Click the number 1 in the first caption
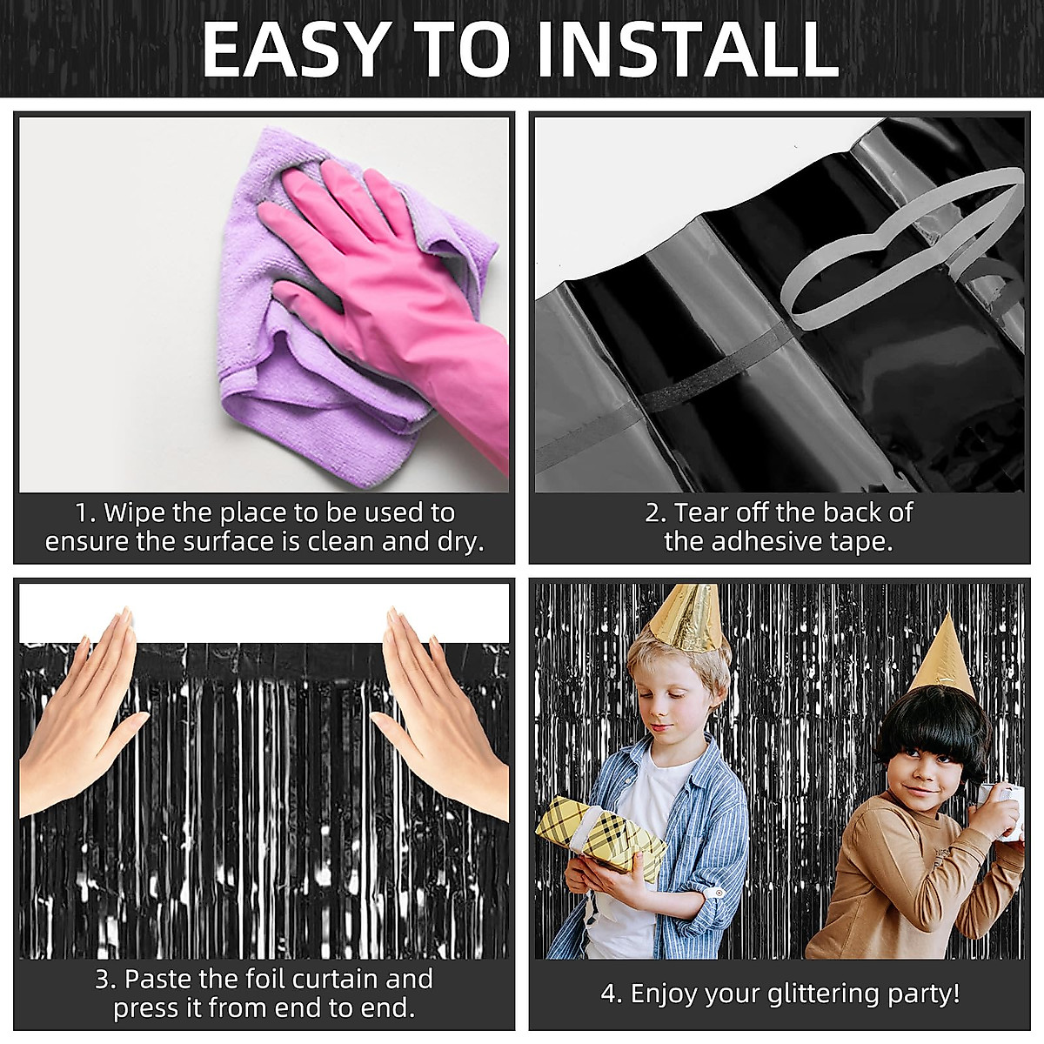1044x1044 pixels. [83, 512]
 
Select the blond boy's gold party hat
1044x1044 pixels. [688, 618]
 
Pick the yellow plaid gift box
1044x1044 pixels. [600, 835]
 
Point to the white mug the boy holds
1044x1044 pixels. [1007, 809]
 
